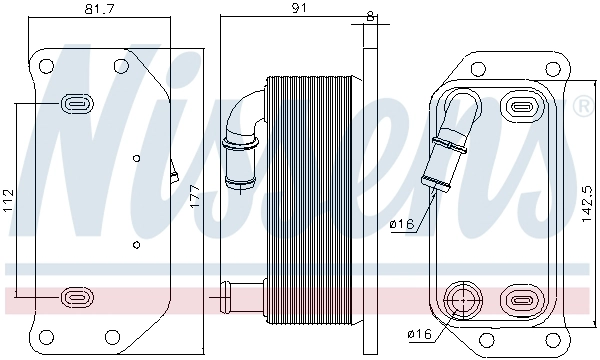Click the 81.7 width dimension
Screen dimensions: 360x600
96,11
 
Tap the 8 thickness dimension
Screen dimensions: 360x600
372,15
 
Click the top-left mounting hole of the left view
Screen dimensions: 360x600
46,67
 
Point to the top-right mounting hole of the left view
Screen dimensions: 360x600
120,67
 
